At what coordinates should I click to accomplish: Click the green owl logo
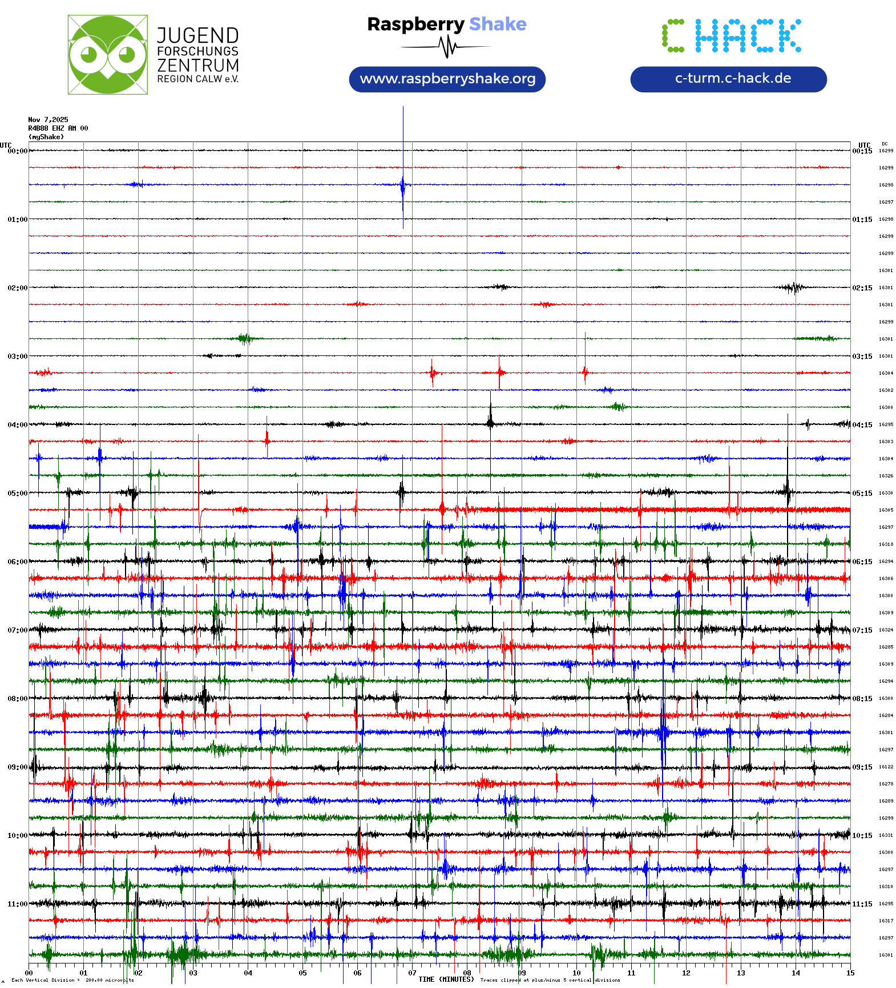107,55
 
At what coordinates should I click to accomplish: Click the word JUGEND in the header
197,35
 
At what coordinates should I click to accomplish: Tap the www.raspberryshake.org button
447,79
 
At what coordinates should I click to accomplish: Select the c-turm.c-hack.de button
728,79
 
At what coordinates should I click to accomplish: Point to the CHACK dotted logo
731,35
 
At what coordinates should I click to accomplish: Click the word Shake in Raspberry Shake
498,24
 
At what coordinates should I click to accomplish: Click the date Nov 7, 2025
48,120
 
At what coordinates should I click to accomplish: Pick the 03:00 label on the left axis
17,357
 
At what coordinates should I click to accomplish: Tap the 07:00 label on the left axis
17,630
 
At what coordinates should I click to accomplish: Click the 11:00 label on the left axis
17,904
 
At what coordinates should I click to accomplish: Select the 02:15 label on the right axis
862,288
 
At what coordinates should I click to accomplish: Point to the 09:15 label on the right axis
862,767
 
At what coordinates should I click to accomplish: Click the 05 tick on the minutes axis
302,973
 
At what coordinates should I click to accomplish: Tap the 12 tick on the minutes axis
686,973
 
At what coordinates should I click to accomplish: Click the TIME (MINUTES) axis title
446,979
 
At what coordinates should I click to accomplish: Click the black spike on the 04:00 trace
490,419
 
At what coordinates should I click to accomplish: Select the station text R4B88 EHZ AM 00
58,128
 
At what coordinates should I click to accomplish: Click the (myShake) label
46,137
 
